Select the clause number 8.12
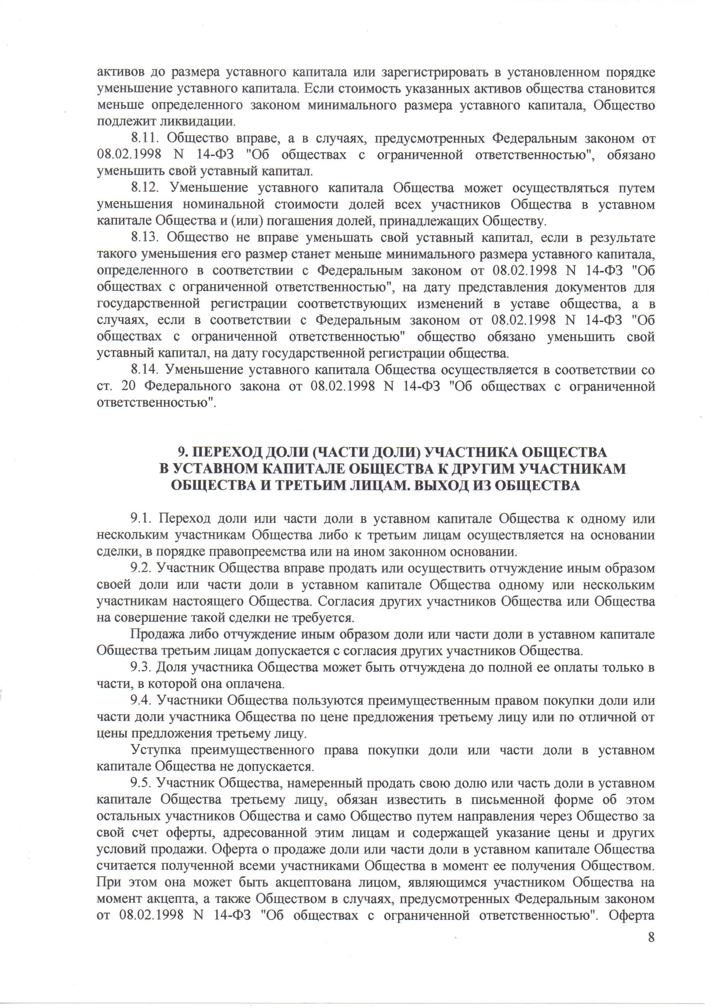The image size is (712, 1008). [144, 188]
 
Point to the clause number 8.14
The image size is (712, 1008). [144, 370]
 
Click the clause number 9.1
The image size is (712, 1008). [140, 519]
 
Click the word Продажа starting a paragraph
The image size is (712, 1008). [153, 635]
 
